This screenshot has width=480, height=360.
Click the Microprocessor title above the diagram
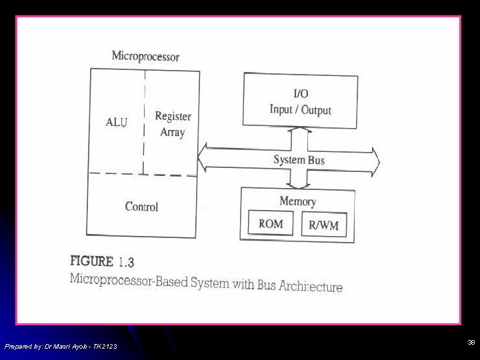coord(145,56)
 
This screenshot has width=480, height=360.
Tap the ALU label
coord(117,122)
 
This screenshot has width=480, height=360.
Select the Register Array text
coord(173,124)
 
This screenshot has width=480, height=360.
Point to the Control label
coord(141,207)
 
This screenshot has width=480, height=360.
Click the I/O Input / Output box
coord(300,100)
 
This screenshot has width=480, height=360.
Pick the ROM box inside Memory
coord(271,224)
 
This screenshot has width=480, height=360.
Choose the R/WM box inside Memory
coord(323,225)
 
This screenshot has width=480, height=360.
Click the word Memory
coord(297,201)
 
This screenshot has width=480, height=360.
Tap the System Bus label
coord(299,160)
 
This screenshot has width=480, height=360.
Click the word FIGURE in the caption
coord(92,261)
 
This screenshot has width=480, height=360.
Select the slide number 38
coord(471,343)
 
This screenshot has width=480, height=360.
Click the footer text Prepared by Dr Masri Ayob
coord(61,346)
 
